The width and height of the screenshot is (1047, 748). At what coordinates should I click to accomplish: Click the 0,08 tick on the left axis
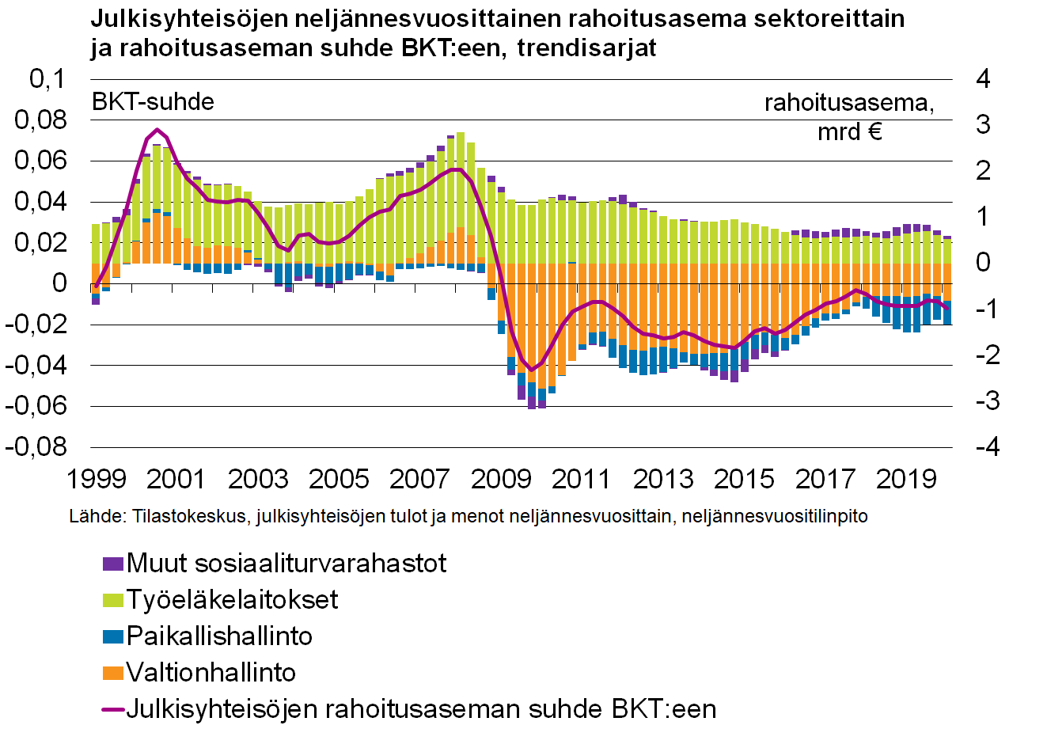41,120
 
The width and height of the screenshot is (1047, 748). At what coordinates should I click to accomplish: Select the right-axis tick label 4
983,79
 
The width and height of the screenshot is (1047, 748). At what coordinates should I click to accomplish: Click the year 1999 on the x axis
97,479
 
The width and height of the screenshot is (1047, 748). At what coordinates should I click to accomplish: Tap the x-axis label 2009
501,479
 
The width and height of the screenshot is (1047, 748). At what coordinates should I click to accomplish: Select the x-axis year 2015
744,479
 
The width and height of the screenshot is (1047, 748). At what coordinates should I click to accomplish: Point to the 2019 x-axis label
906,479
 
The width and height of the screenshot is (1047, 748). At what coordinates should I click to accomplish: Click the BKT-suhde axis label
153,102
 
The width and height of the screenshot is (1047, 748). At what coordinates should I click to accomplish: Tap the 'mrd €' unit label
849,131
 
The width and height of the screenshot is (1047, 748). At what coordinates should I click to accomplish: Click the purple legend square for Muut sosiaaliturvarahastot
113,564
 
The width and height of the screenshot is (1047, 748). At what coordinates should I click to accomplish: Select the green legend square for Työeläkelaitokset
113,600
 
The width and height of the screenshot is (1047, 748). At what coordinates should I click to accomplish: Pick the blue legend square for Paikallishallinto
113,636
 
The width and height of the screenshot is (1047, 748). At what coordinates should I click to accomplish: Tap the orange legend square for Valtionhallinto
113,673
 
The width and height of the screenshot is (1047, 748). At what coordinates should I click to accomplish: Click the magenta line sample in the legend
113,709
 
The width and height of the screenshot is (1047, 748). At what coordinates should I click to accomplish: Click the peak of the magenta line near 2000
157,130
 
